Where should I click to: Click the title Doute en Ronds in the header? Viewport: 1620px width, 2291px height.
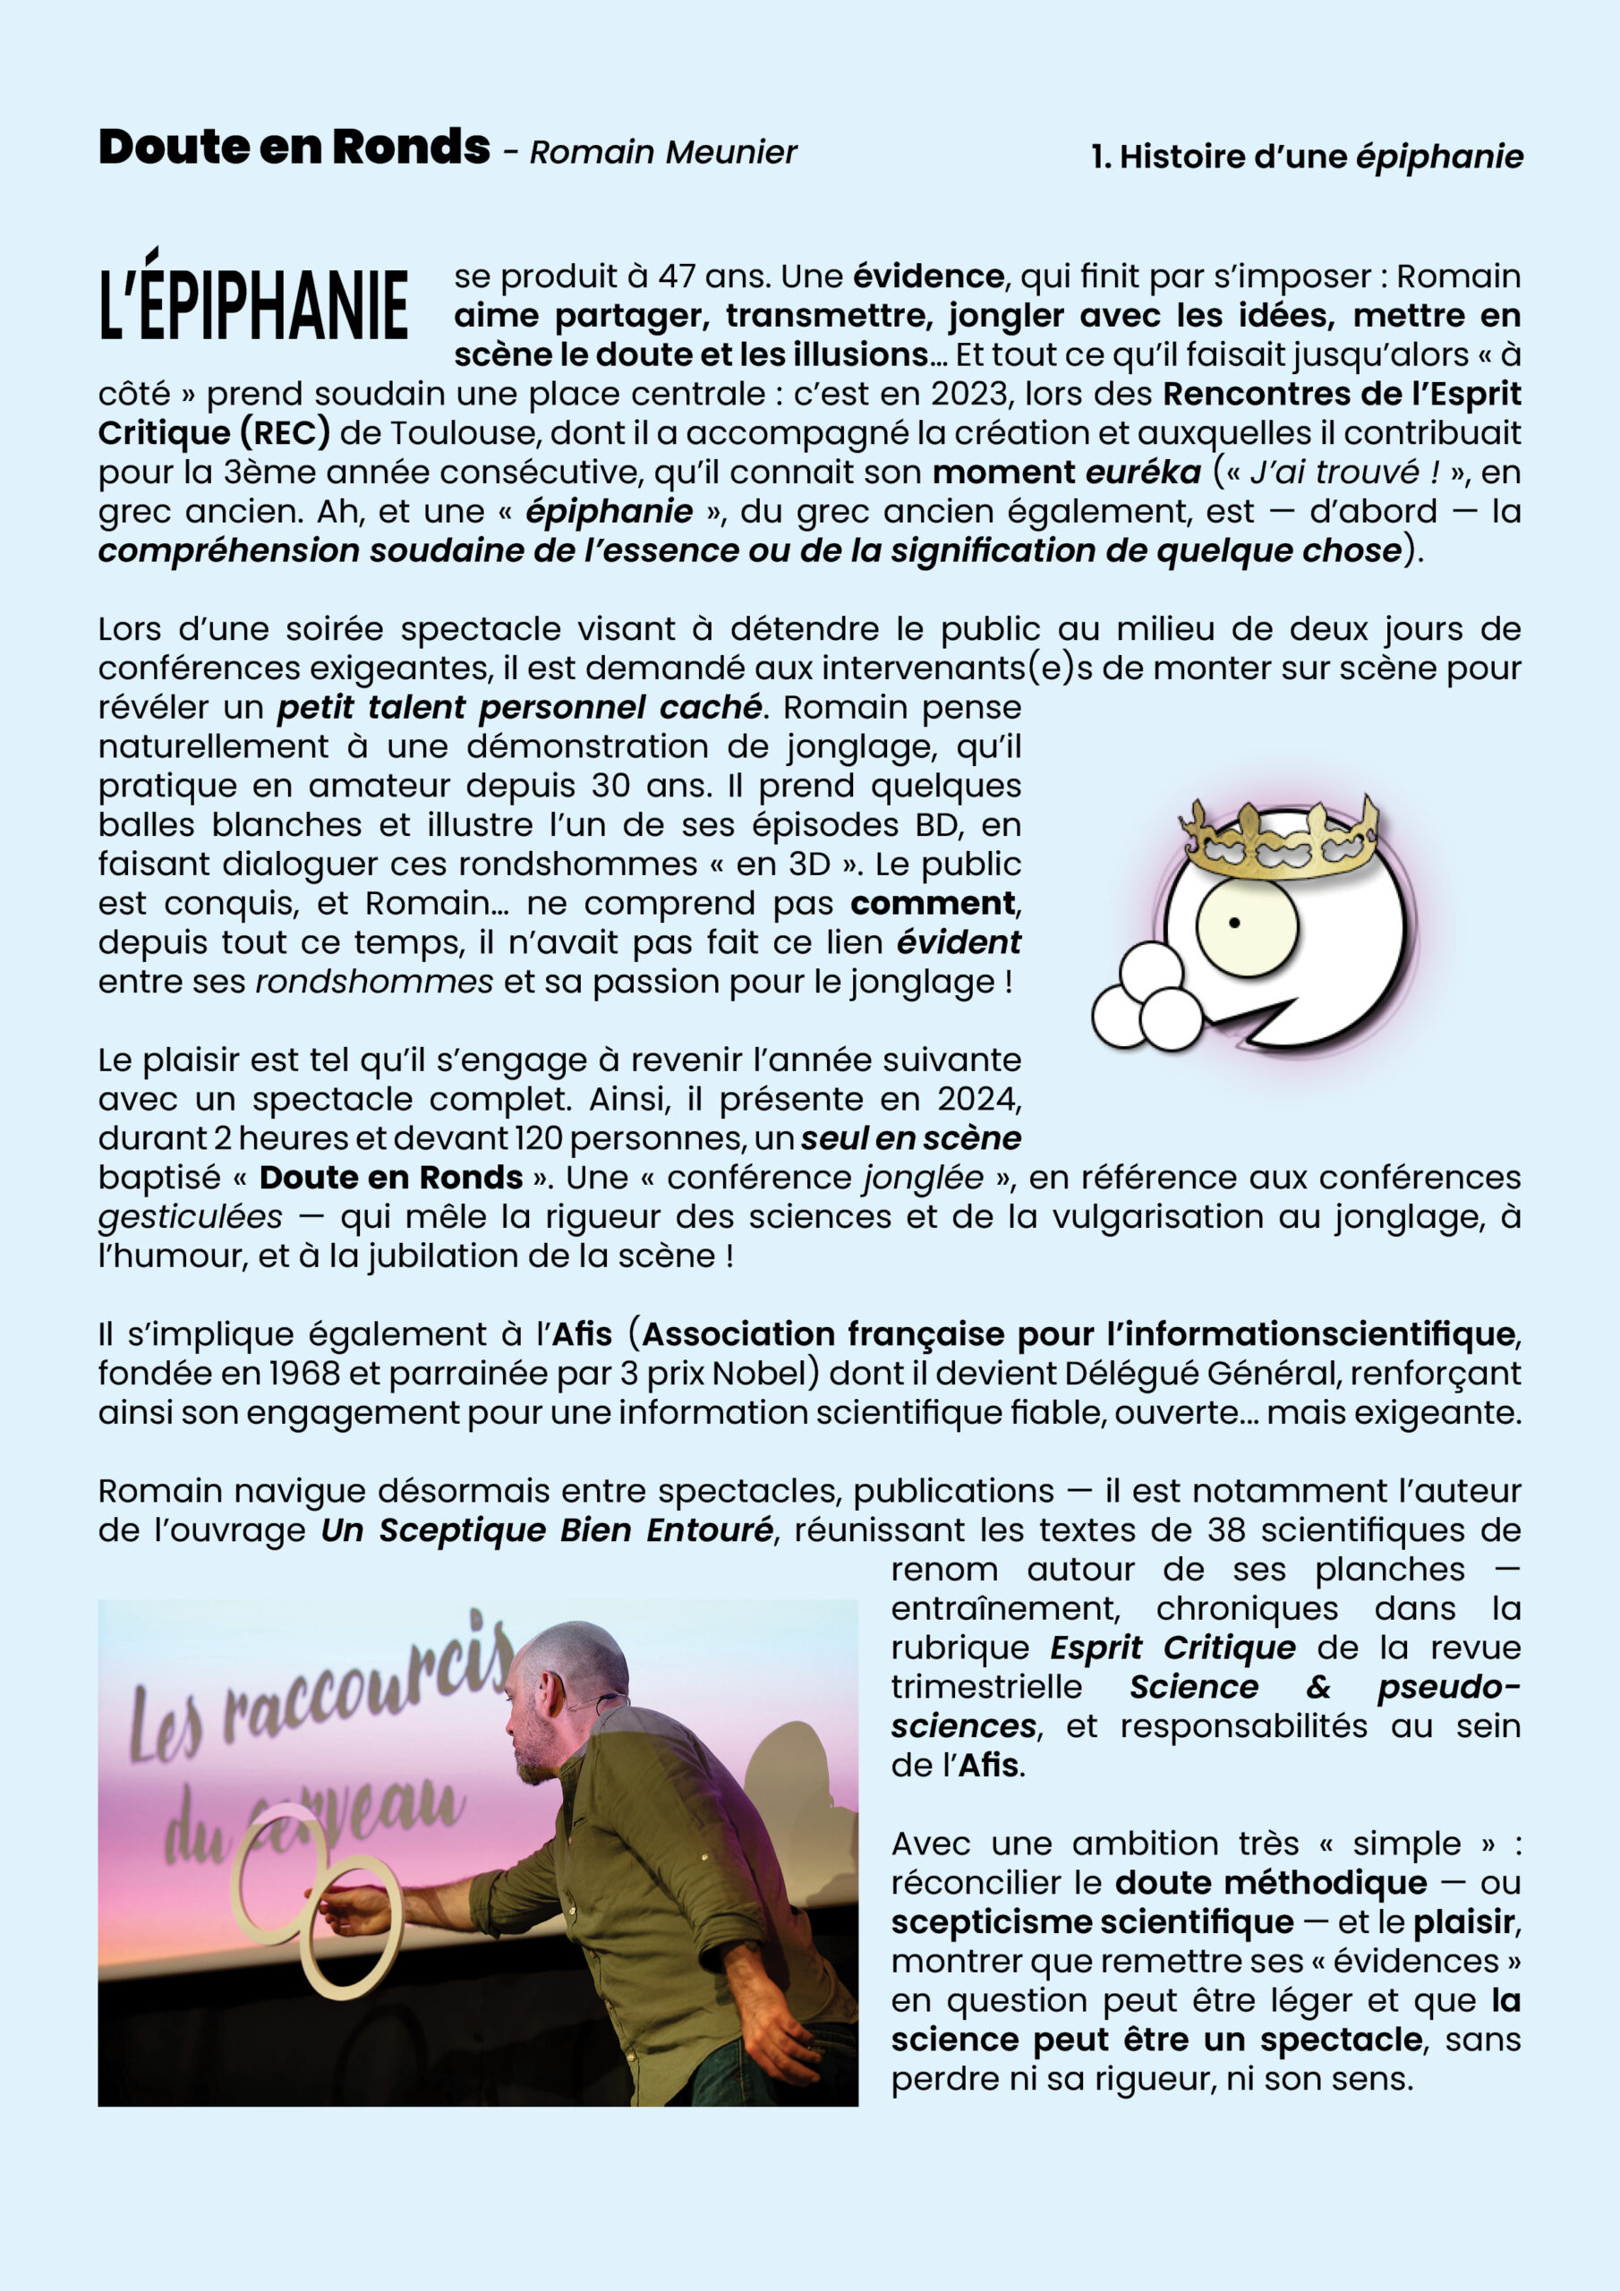click(294, 148)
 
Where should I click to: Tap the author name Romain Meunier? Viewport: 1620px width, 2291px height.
click(663, 153)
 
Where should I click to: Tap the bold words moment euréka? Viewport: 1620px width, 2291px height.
click(1066, 472)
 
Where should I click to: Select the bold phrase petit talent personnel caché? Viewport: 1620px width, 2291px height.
click(518, 708)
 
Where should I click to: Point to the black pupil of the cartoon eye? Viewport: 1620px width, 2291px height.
click(1233, 923)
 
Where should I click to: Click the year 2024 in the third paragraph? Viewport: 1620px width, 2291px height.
click(977, 1100)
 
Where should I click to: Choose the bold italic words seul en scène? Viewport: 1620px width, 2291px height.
click(910, 1138)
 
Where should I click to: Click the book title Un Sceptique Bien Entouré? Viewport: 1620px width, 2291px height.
click(546, 1530)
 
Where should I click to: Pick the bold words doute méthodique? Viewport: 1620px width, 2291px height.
click(1270, 1883)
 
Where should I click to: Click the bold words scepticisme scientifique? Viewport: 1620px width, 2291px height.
click(1091, 1921)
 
